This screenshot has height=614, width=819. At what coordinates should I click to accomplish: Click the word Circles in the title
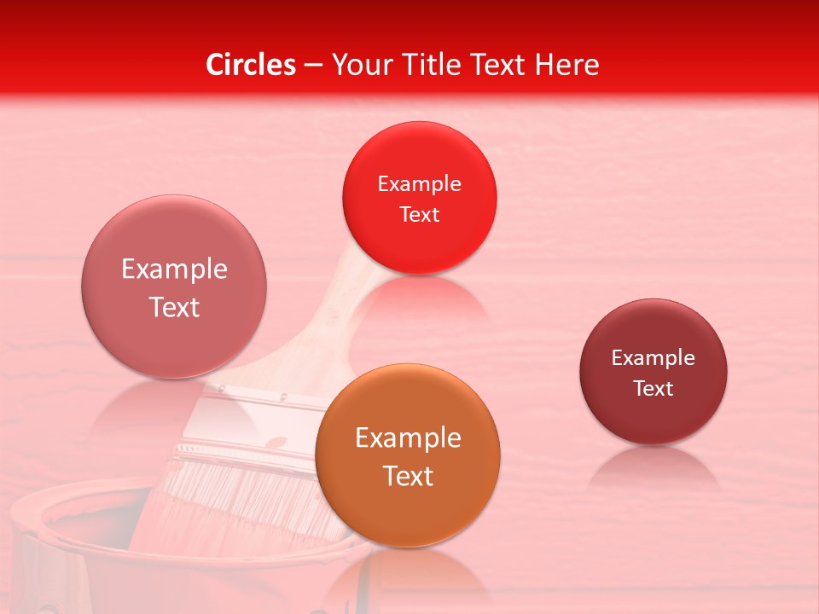click(x=251, y=65)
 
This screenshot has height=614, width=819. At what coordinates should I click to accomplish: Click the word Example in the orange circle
click(x=408, y=438)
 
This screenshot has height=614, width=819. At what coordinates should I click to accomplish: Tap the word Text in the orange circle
click(x=408, y=476)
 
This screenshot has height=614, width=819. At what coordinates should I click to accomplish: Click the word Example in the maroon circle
click(x=653, y=358)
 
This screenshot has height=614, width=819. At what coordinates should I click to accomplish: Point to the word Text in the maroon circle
click(x=653, y=389)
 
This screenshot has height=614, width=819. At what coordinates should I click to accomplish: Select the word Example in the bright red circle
click(x=419, y=184)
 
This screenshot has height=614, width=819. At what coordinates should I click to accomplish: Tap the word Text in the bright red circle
click(x=419, y=215)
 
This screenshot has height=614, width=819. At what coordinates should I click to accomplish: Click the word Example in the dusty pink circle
click(x=174, y=269)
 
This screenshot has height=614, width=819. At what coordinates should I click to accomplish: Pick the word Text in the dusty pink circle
click(x=174, y=307)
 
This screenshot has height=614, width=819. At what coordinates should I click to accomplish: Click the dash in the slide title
click(x=313, y=65)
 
